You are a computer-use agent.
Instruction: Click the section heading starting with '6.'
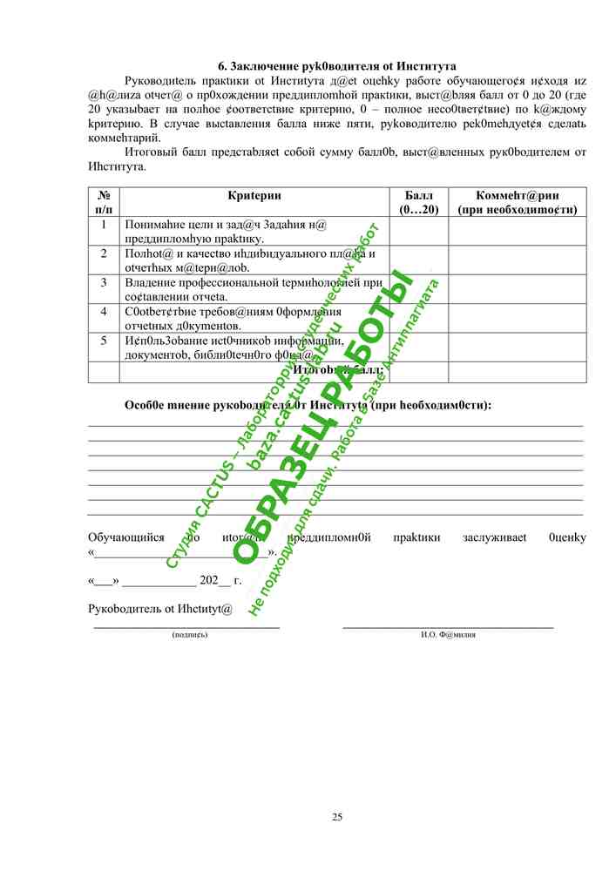click(x=337, y=65)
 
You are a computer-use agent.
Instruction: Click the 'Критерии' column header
click(x=254, y=196)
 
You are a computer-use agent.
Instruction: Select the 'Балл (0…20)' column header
click(x=418, y=202)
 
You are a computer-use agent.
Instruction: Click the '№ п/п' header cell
click(x=103, y=202)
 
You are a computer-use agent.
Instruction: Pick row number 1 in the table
click(x=103, y=225)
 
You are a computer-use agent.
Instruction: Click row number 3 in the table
click(x=103, y=282)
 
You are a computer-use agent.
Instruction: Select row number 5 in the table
click(x=103, y=340)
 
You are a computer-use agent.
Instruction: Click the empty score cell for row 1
click(x=418, y=231)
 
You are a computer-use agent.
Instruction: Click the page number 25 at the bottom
click(x=337, y=816)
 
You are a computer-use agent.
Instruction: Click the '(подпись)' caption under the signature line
click(x=191, y=635)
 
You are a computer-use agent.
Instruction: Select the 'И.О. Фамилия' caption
click(x=448, y=635)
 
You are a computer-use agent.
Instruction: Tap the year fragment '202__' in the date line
click(x=215, y=579)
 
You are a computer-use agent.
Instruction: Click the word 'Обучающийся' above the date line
click(x=126, y=537)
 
